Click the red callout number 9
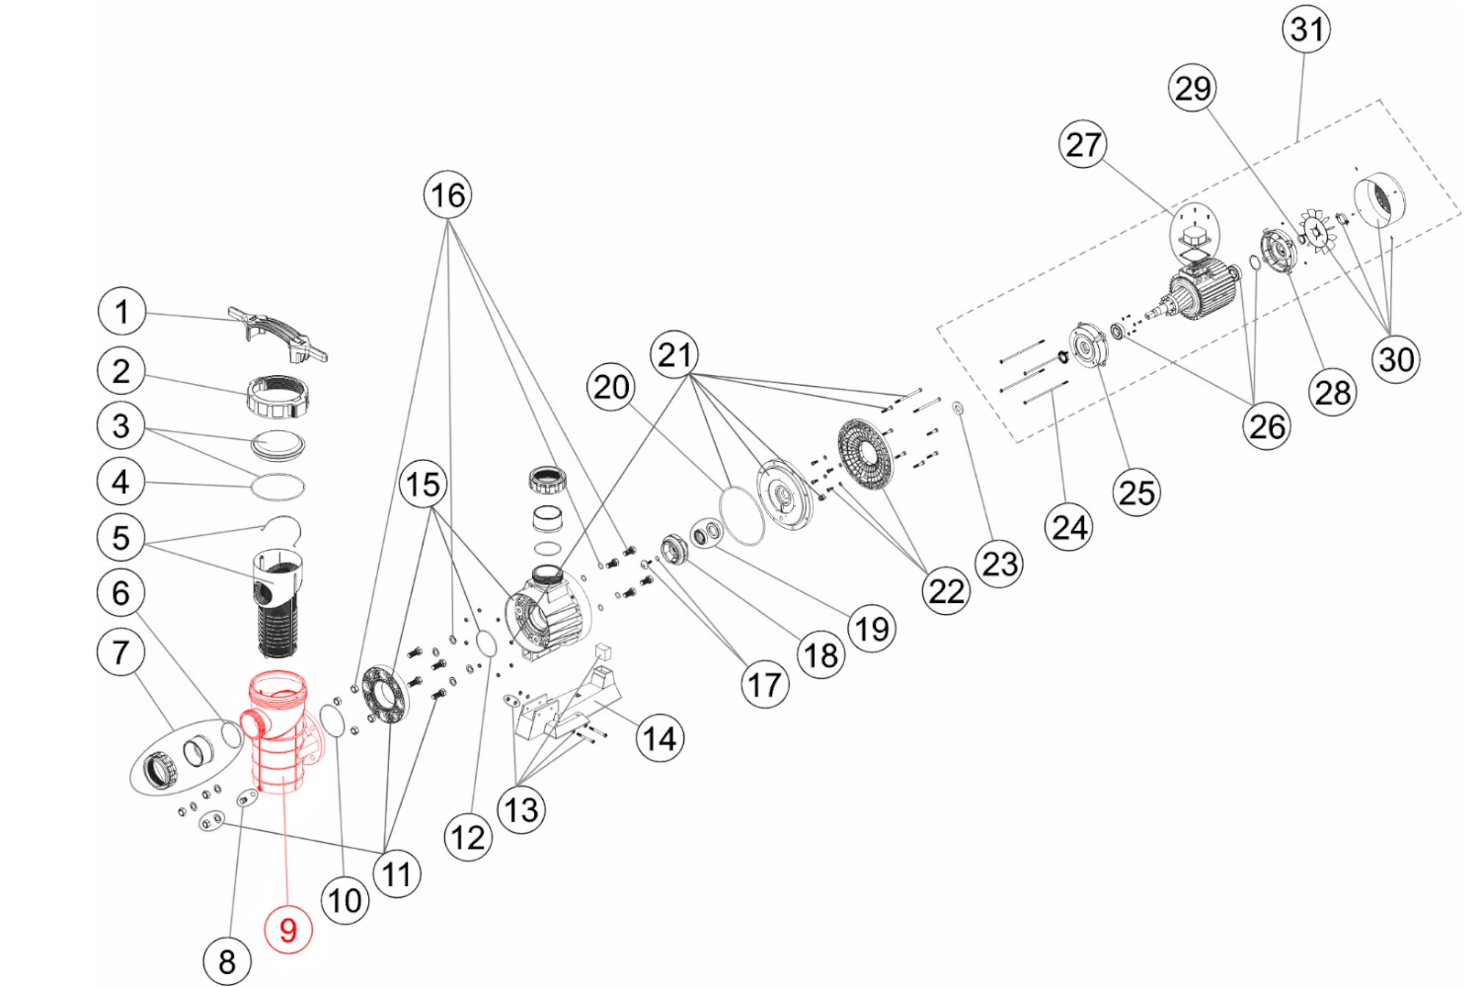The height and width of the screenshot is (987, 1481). (288, 929)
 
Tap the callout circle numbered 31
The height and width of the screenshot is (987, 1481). (1306, 29)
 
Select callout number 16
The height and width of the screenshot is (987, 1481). (447, 195)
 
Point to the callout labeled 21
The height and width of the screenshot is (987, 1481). (674, 355)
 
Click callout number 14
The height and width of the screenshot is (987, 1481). (660, 738)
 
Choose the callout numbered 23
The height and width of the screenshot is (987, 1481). (999, 564)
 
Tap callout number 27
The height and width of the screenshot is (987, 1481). (1082, 145)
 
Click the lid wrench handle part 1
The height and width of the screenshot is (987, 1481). (277, 334)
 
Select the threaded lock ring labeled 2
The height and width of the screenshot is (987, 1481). (278, 397)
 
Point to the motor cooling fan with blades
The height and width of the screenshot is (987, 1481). (1318, 231)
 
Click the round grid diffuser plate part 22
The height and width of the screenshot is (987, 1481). (866, 454)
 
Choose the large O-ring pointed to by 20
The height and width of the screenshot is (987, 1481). (741, 515)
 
